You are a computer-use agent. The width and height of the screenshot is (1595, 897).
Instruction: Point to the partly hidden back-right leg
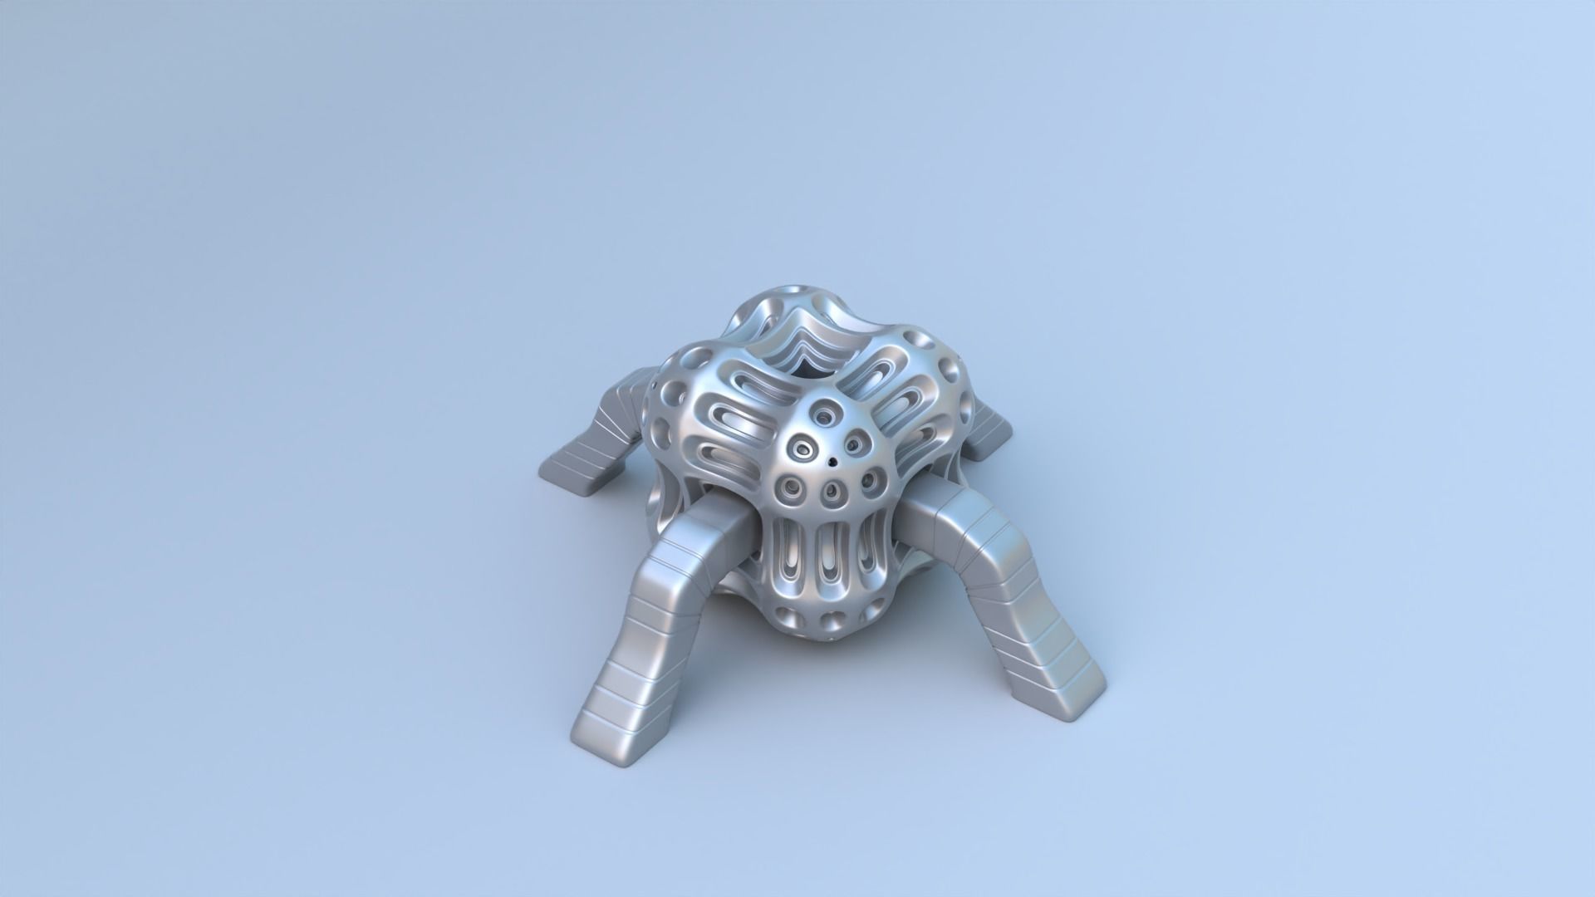pos(989,432)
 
